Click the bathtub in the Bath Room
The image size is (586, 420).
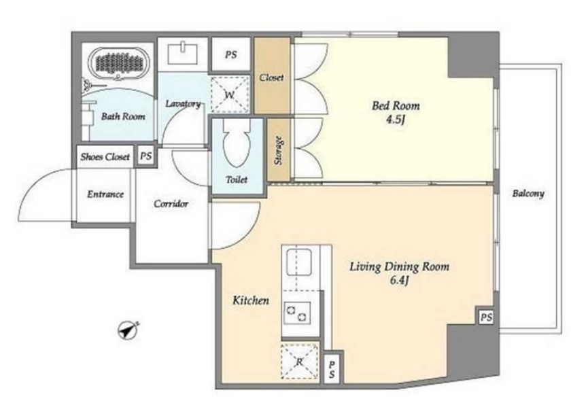point(120,64)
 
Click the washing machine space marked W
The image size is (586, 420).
point(230,94)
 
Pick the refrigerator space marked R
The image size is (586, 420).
point(300,361)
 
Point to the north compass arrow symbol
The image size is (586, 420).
point(128,330)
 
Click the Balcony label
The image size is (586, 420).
point(528,194)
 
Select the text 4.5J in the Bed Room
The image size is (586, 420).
point(396,120)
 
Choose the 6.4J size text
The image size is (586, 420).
point(399,280)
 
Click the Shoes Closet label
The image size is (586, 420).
point(105,157)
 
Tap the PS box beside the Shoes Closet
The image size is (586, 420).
point(145,156)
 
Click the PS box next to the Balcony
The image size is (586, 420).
point(486,317)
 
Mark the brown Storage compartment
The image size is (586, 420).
point(279,150)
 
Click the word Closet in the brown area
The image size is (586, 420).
point(272,77)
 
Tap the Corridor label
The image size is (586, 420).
point(171,204)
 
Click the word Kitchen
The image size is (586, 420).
point(251,300)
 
